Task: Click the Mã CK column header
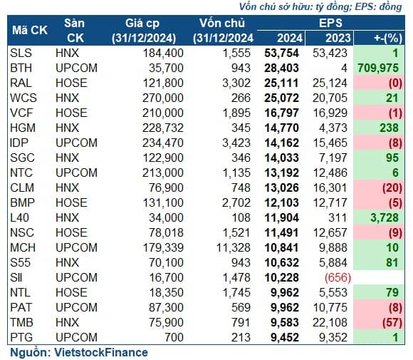pyautogui.click(x=30, y=31)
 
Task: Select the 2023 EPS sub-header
pyautogui.click(x=338, y=38)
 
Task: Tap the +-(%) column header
pyautogui.click(x=388, y=38)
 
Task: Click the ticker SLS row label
pyautogui.click(x=21, y=53)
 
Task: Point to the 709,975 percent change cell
pyautogui.click(x=378, y=68)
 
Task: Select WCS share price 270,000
pyautogui.click(x=163, y=98)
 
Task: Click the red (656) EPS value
pyautogui.click(x=338, y=278)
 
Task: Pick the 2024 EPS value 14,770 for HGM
pyautogui.click(x=281, y=128)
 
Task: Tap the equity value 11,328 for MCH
pyautogui.click(x=233, y=247)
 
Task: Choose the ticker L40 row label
pyautogui.click(x=19, y=218)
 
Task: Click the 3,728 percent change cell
pyautogui.click(x=385, y=218)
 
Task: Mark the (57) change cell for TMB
pyautogui.click(x=392, y=322)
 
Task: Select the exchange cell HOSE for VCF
pyautogui.click(x=71, y=113)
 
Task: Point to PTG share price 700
pyautogui.click(x=174, y=338)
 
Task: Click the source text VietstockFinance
pyautogui.click(x=101, y=352)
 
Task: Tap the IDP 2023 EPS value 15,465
pyautogui.click(x=330, y=143)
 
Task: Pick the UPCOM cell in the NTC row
pyautogui.click(x=76, y=173)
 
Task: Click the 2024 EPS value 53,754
pyautogui.click(x=281, y=53)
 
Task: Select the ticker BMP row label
pyautogui.click(x=22, y=203)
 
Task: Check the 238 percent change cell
pyautogui.click(x=389, y=128)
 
